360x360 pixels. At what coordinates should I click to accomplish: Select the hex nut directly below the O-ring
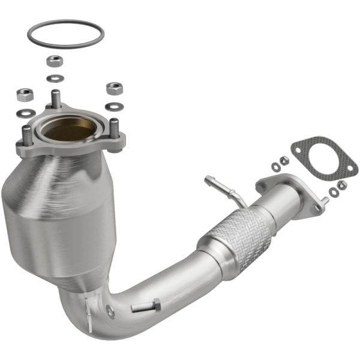55,61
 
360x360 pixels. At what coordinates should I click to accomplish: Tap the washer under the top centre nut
55,78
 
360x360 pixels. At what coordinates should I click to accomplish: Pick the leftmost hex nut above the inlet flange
25,94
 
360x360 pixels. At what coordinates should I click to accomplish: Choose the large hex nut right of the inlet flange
114,89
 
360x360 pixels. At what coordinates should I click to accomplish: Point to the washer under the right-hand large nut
112,107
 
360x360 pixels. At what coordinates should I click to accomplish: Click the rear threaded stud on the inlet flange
56,98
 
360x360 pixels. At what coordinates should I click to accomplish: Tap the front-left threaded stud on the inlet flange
27,135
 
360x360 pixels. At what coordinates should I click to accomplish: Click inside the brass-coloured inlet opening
70,128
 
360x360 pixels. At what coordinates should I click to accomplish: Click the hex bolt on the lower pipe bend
145,307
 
